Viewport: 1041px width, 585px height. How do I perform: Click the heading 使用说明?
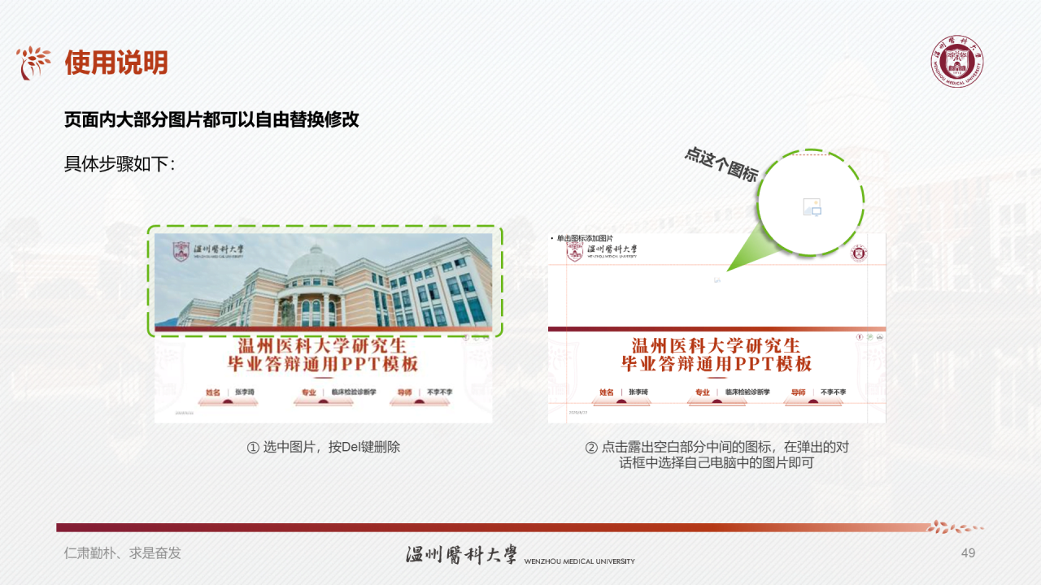coord(116,63)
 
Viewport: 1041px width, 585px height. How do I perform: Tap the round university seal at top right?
coord(957,62)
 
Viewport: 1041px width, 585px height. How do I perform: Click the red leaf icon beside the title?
coord(34,63)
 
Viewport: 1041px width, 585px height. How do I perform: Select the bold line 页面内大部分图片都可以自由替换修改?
coord(211,119)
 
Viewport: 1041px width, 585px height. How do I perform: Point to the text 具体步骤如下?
coord(120,164)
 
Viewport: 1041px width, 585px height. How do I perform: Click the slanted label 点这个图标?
coord(721,164)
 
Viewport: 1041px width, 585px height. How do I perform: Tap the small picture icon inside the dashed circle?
coord(812,207)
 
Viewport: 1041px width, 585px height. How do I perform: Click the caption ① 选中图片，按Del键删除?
coord(324,447)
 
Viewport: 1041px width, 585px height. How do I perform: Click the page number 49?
coord(968,553)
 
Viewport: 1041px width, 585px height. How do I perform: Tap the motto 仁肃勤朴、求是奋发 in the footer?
coord(123,553)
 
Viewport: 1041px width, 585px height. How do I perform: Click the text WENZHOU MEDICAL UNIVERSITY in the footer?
coord(579,561)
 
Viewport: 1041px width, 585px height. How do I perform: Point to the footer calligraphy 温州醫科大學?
coord(461,554)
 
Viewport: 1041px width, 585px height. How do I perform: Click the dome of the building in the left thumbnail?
coord(314,265)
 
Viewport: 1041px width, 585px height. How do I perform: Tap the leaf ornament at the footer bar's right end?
coord(956,526)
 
